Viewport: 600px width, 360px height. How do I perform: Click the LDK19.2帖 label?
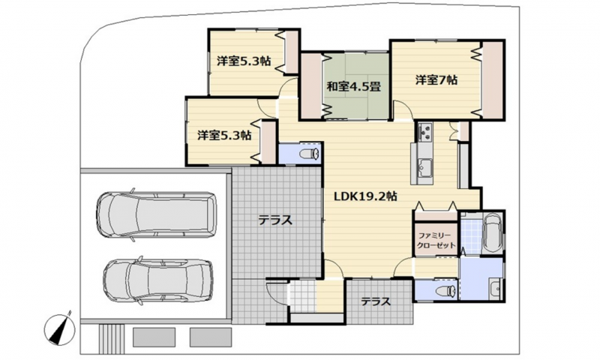click(365, 196)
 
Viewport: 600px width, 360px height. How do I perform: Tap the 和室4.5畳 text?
click(353, 86)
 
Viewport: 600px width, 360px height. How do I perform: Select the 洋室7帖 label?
click(436, 80)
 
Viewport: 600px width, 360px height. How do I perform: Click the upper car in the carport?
click(157, 214)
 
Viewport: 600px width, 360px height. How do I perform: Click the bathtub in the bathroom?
click(492, 233)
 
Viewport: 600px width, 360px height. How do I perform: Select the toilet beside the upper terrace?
click(310, 154)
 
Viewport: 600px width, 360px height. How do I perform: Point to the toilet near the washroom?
click(445, 291)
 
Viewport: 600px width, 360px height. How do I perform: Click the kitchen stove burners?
click(424, 132)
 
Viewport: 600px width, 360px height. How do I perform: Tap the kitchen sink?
click(424, 166)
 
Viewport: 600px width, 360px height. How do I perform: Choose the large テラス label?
click(275, 220)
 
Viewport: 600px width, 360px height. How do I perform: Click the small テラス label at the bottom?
click(376, 301)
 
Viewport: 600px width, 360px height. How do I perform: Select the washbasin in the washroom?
click(495, 287)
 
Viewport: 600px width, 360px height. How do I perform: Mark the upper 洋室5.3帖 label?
click(244, 61)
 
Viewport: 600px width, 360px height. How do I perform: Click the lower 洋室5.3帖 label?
click(224, 135)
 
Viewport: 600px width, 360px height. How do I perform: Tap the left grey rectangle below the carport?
click(154, 337)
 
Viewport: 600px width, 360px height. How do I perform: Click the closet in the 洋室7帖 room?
click(493, 79)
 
